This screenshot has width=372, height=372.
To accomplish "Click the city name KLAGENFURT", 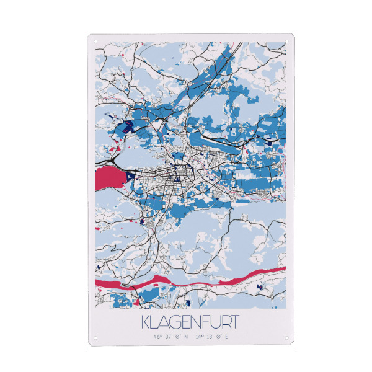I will click(x=189, y=324).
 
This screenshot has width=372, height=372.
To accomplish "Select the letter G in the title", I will click(x=175, y=324).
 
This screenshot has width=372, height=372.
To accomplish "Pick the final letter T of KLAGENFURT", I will click(x=232, y=324).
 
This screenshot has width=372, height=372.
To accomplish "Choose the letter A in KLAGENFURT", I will click(x=164, y=324).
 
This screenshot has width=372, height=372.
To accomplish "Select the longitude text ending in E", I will click(x=211, y=337).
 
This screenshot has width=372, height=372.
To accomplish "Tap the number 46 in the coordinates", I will click(x=157, y=337).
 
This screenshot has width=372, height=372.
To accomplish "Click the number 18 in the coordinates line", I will click(x=209, y=337).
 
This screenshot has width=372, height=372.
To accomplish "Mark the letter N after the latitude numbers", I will click(x=185, y=337).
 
